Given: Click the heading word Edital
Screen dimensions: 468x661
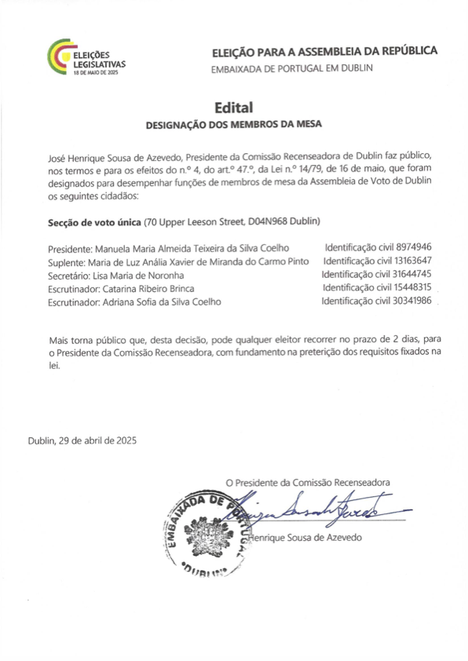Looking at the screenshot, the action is point(233,107).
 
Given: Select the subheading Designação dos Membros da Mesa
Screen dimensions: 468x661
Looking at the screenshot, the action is point(234,124).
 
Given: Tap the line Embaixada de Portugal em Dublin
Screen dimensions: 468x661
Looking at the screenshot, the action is point(292,69).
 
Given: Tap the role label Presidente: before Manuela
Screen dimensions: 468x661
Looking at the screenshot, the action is point(71,248).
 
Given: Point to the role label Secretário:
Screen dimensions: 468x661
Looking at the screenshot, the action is point(69,275).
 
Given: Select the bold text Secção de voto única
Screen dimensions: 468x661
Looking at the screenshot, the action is point(90,221).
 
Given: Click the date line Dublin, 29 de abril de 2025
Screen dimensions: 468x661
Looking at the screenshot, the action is point(82,440).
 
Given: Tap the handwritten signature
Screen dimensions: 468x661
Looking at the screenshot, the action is point(314,510).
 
